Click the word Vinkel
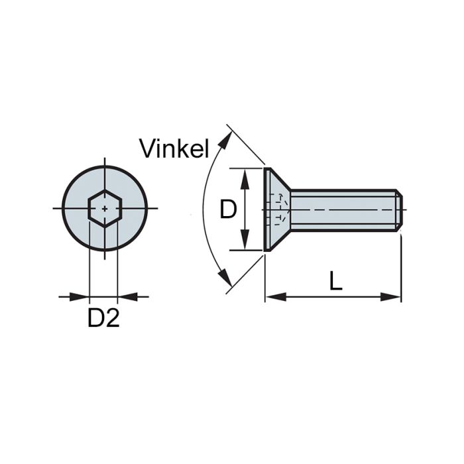175,148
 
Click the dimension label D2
103,319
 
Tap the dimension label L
336,282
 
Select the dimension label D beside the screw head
228,209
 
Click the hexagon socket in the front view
104,209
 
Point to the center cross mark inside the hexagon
104,209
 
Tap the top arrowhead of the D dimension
245,174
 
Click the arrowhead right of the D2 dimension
124,296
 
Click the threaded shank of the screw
341,209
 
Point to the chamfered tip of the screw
399,209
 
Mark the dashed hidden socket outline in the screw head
281,208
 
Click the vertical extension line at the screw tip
401,265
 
